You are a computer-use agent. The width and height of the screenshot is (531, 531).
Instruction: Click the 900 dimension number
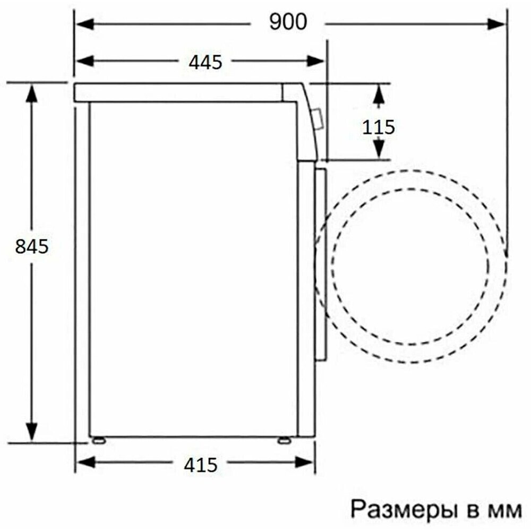point(288,22)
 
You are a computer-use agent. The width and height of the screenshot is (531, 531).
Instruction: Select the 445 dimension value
point(205,62)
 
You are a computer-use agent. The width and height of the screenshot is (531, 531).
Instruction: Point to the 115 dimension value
point(379,127)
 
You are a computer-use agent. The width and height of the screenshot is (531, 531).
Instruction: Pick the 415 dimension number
point(201,466)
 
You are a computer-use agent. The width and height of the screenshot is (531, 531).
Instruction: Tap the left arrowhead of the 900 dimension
point(84,23)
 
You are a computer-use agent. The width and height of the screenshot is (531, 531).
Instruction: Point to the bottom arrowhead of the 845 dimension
point(32,431)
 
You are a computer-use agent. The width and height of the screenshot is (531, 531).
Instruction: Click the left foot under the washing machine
point(98,440)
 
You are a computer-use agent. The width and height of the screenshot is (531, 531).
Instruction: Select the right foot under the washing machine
point(284,440)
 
